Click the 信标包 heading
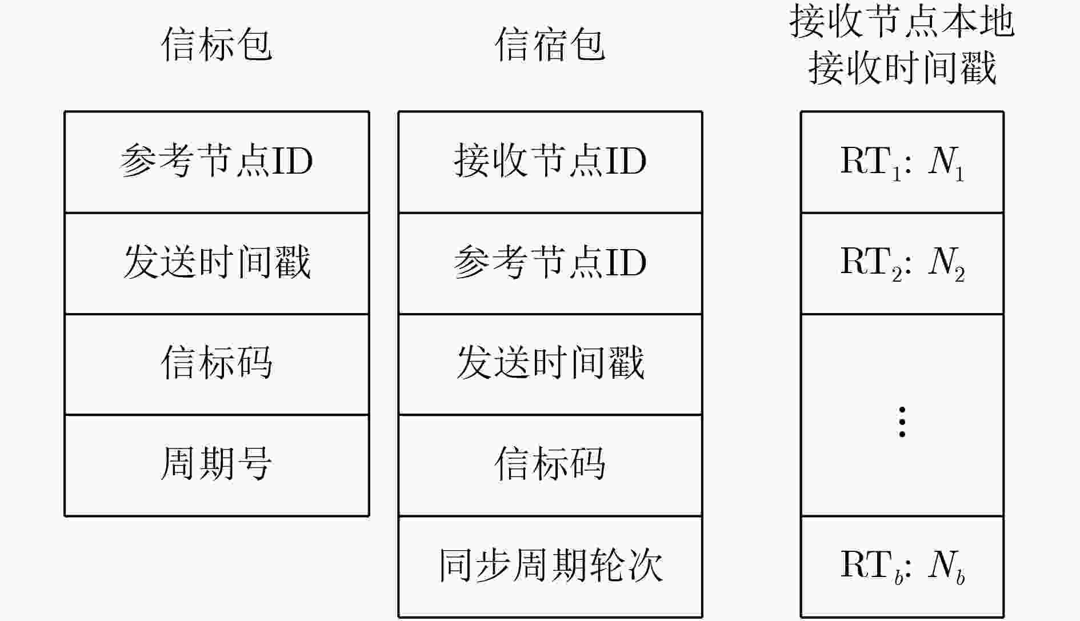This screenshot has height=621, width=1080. pos(217,45)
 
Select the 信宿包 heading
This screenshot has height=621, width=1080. pos(550,45)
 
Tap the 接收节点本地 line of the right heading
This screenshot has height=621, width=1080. pos(902,23)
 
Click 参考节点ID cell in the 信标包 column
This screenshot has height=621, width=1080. pos(217,162)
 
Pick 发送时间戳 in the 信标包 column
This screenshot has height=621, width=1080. pos(217,263)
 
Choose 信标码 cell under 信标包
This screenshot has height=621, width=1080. pos(217,364)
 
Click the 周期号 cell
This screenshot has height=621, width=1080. pos(217,466)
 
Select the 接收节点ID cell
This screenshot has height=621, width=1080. pos(550,162)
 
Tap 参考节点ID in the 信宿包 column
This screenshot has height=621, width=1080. pos(550,263)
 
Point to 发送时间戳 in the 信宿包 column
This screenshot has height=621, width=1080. pos(550,364)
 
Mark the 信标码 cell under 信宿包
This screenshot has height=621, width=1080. pos(550,466)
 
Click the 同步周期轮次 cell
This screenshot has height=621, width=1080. pos(550,567)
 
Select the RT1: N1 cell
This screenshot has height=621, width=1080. pos(902,162)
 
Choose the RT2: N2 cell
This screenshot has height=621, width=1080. pos(902,263)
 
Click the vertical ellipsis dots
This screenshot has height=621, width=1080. pos(902,422)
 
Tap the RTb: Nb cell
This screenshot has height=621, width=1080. pos(902,567)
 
